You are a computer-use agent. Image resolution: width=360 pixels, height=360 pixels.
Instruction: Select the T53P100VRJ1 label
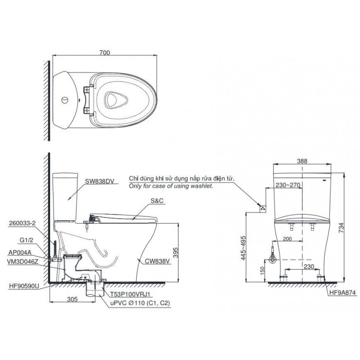128,294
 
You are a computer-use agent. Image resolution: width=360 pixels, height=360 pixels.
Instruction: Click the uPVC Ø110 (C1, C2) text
139,302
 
